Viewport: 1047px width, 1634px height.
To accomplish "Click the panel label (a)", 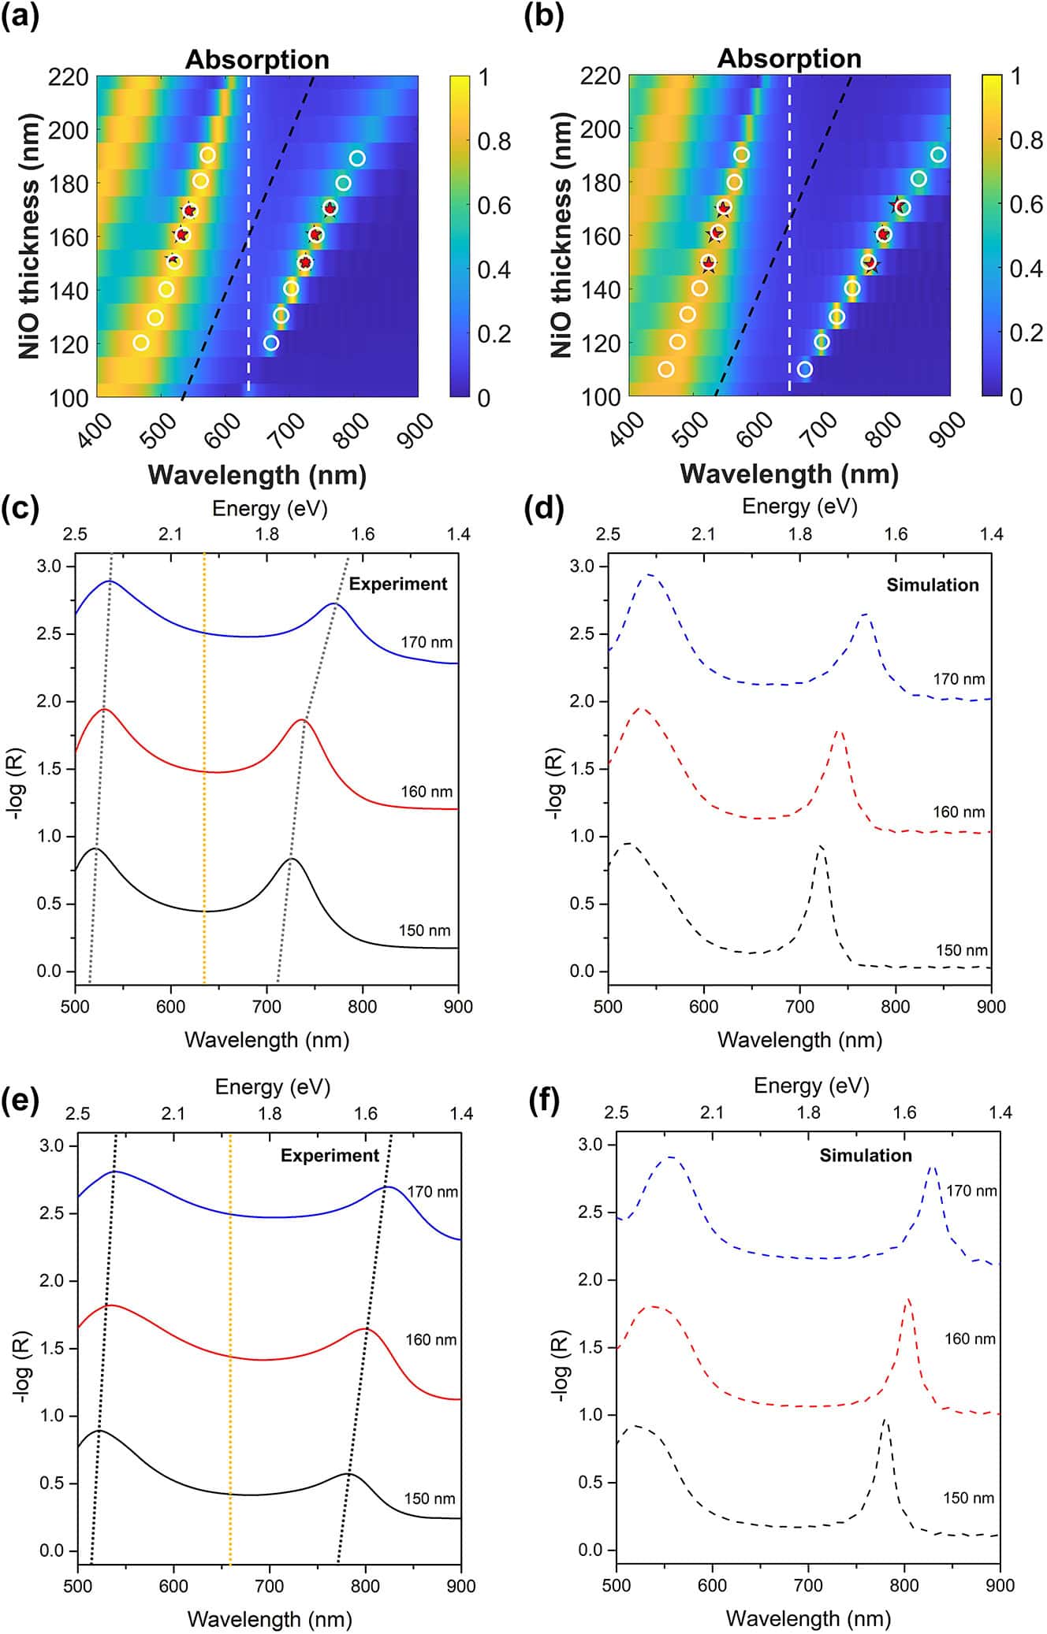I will click(x=20, y=17).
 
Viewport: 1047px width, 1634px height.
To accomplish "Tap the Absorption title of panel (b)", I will click(x=788, y=59).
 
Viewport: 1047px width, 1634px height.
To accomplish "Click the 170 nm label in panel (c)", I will click(x=426, y=642).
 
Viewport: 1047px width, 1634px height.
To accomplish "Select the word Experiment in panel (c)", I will click(x=397, y=584).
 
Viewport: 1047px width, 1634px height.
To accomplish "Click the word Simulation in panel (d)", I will click(x=932, y=585).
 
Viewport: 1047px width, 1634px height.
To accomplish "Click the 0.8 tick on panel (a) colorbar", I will click(x=494, y=142).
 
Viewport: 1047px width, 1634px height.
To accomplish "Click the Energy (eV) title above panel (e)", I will click(x=272, y=1087).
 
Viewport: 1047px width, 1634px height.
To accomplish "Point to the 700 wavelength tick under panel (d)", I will click(x=799, y=1006).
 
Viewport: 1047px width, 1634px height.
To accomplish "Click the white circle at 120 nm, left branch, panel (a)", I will click(x=141, y=343).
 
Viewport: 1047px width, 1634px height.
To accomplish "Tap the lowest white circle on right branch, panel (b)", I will click(x=804, y=370).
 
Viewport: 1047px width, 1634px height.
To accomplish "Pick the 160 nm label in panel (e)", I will click(x=430, y=1339).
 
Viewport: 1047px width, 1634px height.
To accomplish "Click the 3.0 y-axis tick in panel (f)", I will click(x=590, y=1145).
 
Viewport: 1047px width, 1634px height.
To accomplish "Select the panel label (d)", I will click(x=544, y=509).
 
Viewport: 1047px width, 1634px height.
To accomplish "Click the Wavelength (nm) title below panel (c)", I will click(x=266, y=1040).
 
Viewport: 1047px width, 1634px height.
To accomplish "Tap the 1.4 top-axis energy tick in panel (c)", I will click(x=458, y=534).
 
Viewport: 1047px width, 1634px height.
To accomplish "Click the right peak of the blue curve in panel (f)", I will click(x=933, y=1168).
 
